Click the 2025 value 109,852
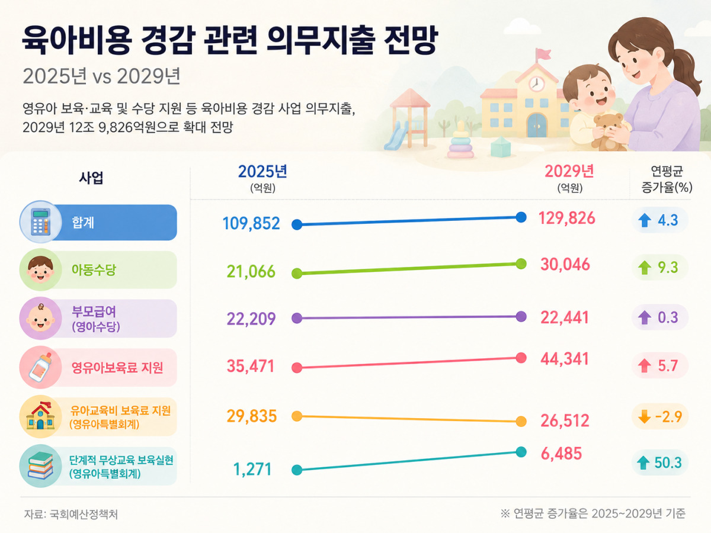pyautogui.click(x=251, y=223)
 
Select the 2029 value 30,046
pyautogui.click(x=565, y=264)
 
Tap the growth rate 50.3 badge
pyautogui.click(x=660, y=463)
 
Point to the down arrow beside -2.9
pyautogui.click(x=644, y=416)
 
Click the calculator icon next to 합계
pyautogui.click(x=41, y=221)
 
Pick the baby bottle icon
pyautogui.click(x=41, y=367)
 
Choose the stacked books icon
pyautogui.click(x=40, y=465)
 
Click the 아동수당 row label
pyautogui.click(x=94, y=269)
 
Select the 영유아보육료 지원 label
pyautogui.click(x=117, y=368)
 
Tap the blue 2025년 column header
pyautogui.click(x=262, y=171)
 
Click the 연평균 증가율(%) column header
pyautogui.click(x=667, y=179)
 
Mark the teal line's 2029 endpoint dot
pyautogui.click(x=521, y=452)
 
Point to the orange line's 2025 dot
pyautogui.click(x=297, y=416)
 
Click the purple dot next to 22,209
pyautogui.click(x=297, y=318)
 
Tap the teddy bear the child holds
pyautogui.click(x=608, y=131)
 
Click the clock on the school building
pyautogui.click(x=537, y=84)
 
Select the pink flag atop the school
pyautogui.click(x=543, y=54)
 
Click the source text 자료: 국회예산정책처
pyautogui.click(x=71, y=514)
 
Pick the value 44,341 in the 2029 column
pyautogui.click(x=565, y=359)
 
